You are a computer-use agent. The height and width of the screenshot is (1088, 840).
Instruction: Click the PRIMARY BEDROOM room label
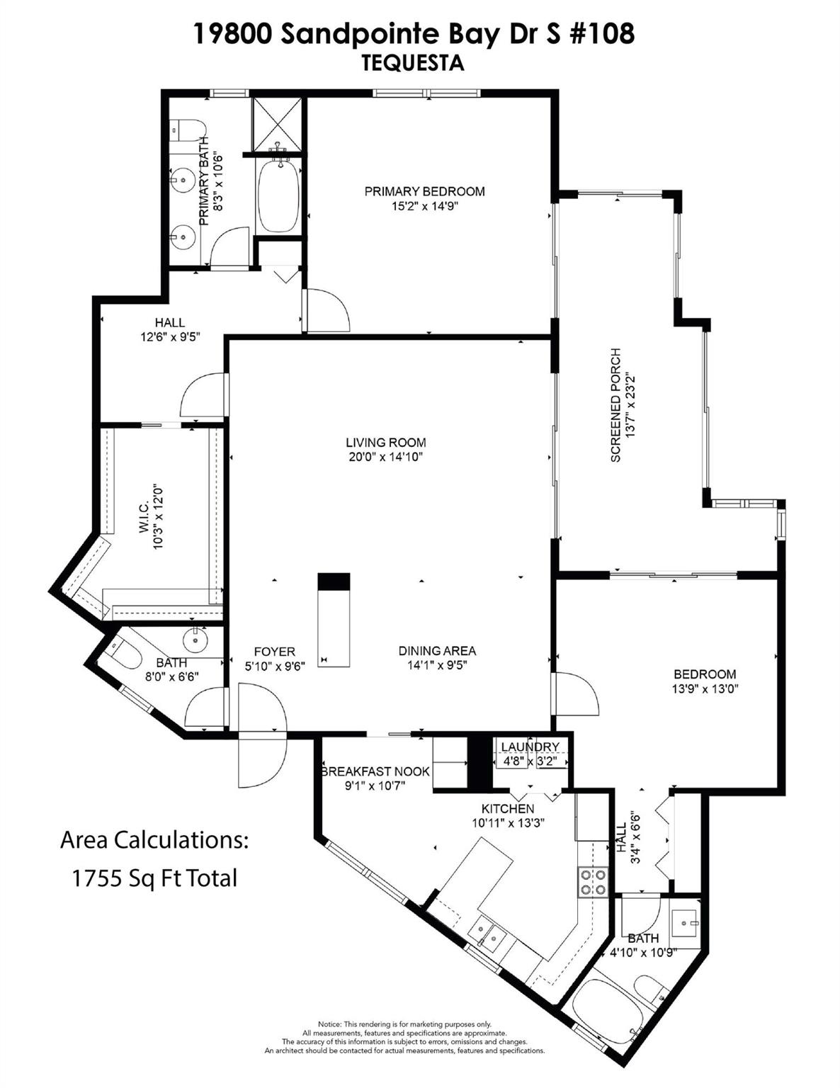point(424,191)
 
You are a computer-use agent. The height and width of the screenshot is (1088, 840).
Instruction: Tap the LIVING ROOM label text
point(386,443)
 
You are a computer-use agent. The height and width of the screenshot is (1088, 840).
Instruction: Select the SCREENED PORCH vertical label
point(615,404)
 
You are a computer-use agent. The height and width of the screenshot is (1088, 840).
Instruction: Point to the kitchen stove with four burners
point(593,882)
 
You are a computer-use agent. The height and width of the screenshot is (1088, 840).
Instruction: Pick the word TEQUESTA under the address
point(413,64)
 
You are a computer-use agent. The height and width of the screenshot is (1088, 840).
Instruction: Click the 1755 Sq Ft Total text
point(154,878)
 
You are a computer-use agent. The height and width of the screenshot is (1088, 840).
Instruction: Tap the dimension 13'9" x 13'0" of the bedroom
point(705,688)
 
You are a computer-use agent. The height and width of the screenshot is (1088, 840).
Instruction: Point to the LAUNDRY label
point(530,747)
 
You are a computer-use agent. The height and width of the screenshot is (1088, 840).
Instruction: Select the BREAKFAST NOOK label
point(375,771)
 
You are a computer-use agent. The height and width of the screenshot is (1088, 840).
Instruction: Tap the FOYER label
point(274,652)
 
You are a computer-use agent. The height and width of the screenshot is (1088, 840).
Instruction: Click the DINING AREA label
point(437,651)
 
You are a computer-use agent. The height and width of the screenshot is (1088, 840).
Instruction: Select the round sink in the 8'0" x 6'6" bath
point(194,640)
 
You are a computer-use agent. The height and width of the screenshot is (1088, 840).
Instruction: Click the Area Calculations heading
point(154,841)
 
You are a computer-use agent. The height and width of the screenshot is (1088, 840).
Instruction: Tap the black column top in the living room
point(334,581)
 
